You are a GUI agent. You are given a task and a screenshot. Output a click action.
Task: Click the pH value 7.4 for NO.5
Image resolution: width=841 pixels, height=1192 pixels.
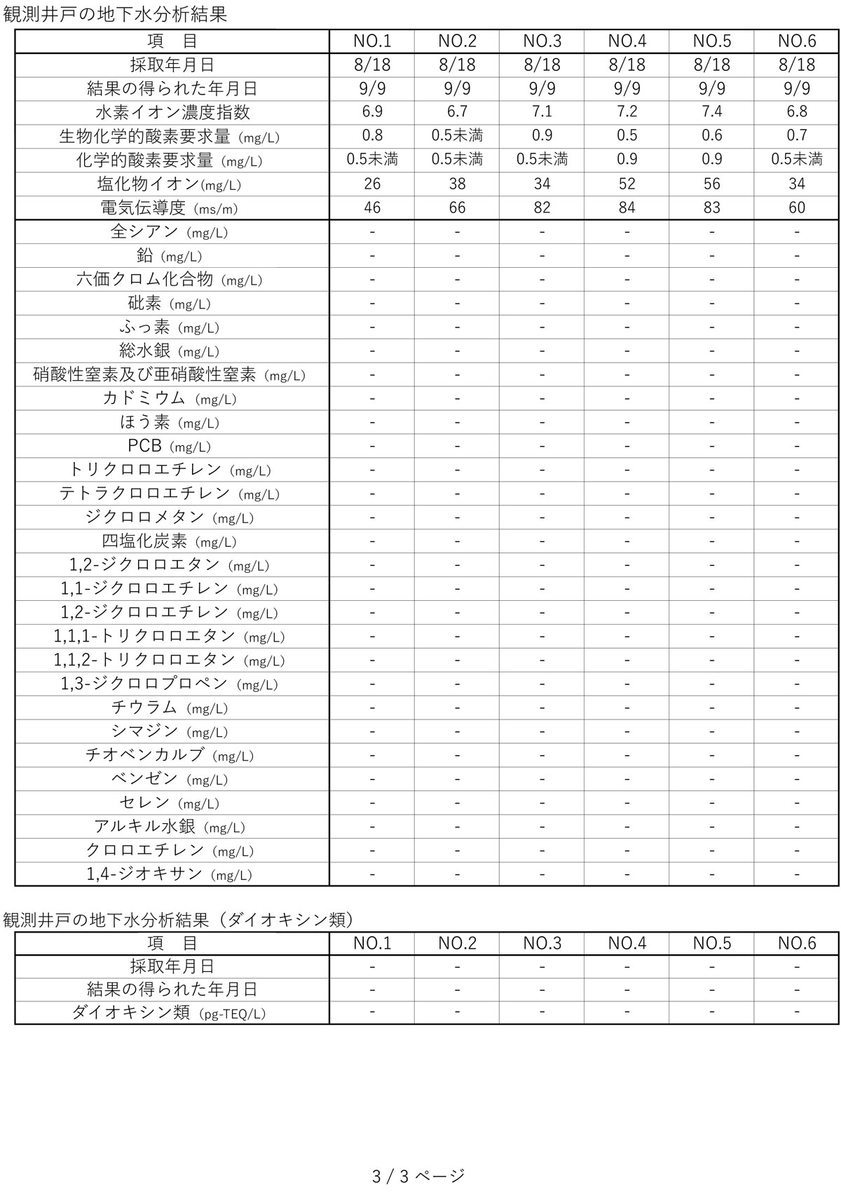pyautogui.click(x=711, y=111)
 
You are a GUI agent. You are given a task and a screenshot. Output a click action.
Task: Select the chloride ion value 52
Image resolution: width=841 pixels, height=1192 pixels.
pyautogui.click(x=627, y=184)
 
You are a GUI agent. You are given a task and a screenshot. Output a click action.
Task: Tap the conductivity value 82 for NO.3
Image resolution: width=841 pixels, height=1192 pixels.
pyautogui.click(x=542, y=208)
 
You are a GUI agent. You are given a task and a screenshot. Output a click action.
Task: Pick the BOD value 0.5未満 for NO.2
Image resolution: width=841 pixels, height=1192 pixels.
pyautogui.click(x=457, y=135)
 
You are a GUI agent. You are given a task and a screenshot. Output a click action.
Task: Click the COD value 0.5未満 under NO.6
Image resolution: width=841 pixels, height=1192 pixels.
pyautogui.click(x=796, y=159)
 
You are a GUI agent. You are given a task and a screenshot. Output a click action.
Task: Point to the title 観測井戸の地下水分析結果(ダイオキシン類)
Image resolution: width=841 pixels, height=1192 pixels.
pyautogui.click(x=179, y=919)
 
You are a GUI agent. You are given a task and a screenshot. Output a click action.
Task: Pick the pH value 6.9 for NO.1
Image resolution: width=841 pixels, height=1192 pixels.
pyautogui.click(x=372, y=111)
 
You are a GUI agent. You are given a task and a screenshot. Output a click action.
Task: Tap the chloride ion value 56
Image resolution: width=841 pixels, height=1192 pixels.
pyautogui.click(x=711, y=184)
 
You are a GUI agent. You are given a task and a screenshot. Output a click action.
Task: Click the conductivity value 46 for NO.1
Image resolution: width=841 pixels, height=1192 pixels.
pyautogui.click(x=372, y=208)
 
